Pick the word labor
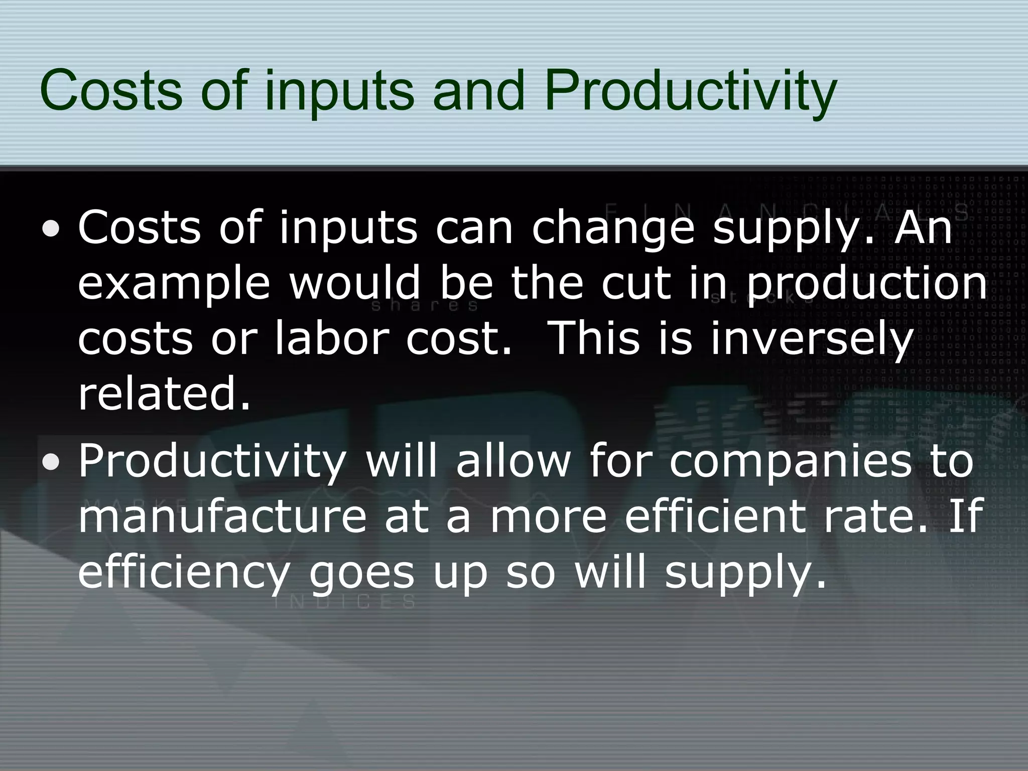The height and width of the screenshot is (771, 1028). click(x=332, y=338)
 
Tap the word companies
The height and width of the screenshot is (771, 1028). click(x=790, y=462)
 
